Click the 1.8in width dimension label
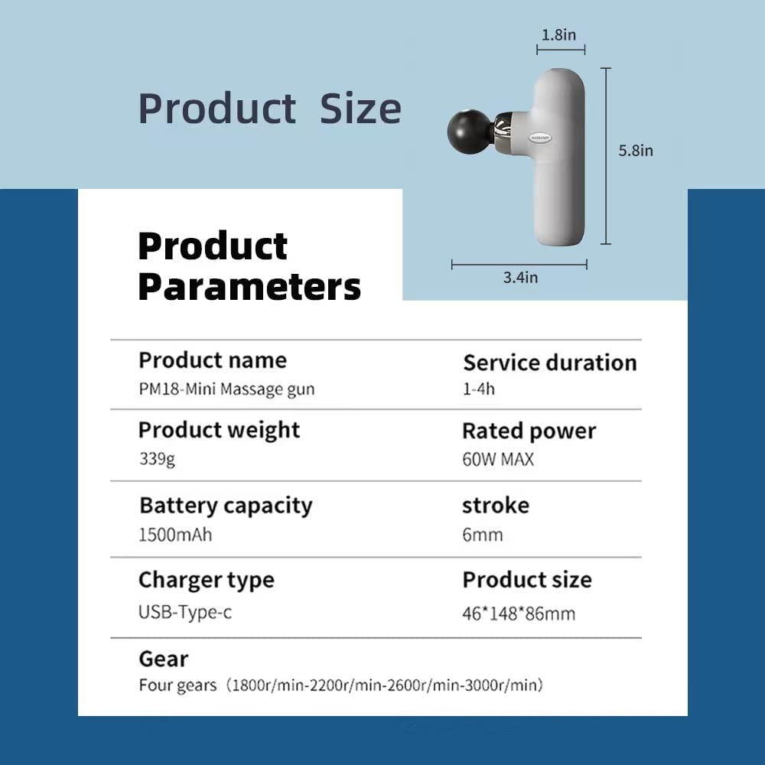[558, 34]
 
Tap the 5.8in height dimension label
[636, 150]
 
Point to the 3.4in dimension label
[520, 277]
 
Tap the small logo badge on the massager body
[539, 138]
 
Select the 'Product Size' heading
[270, 109]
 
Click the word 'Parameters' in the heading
[249, 287]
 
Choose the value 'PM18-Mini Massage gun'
[227, 389]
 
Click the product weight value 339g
[157, 459]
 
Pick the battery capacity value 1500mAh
[176, 535]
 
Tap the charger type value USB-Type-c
[185, 612]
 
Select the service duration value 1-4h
[479, 389]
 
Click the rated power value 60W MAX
[498, 459]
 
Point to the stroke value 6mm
[483, 535]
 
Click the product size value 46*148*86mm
[519, 614]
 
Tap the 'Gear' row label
[164, 659]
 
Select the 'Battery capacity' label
[226, 506]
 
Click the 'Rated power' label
[529, 431]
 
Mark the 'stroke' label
[496, 506]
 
